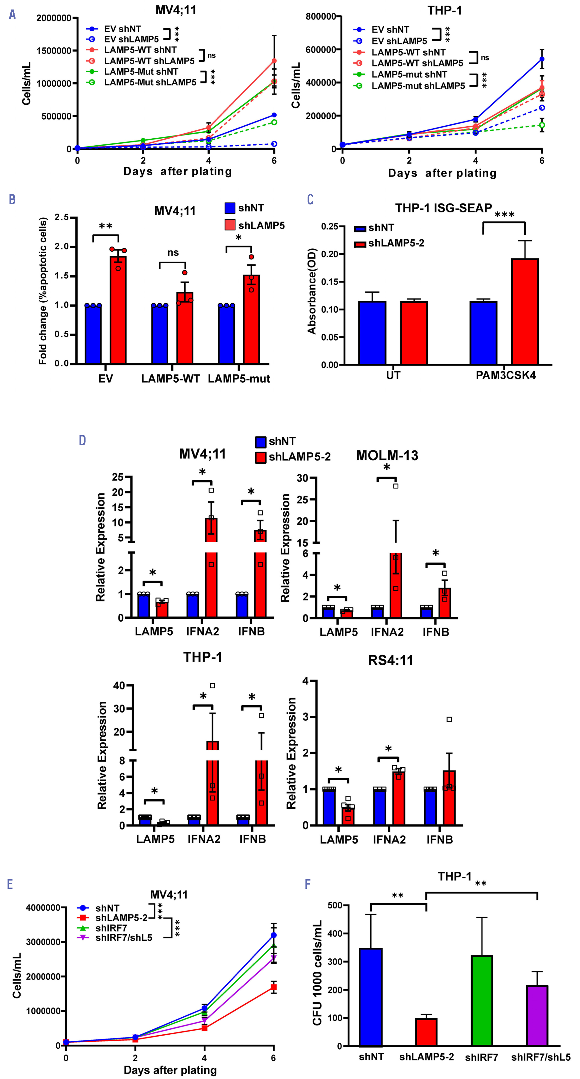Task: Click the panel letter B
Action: pos(12,199)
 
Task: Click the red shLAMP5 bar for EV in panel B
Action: pos(118,310)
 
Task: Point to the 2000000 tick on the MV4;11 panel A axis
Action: pos(54,18)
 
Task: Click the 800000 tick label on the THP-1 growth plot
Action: pos(321,17)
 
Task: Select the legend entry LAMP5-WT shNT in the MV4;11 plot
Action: pos(140,50)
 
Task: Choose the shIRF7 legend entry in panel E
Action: pos(111,928)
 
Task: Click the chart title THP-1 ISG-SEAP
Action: pos(443,208)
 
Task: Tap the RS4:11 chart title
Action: pos(390,660)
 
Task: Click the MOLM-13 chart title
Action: pos(387,455)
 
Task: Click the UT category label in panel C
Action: pos(393,376)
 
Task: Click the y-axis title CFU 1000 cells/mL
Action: pos(317,973)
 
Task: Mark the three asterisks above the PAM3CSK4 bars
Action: pos(504,215)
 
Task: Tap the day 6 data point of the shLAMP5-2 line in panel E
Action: pos(274,987)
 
